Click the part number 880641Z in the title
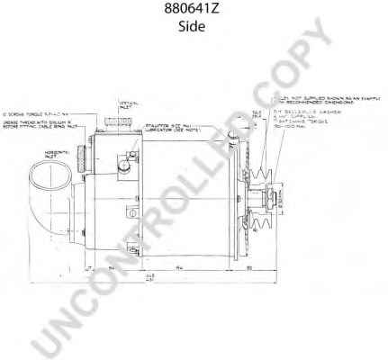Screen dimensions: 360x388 point(193,11)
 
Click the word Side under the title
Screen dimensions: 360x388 point(193,27)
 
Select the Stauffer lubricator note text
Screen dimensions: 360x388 point(170,130)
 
